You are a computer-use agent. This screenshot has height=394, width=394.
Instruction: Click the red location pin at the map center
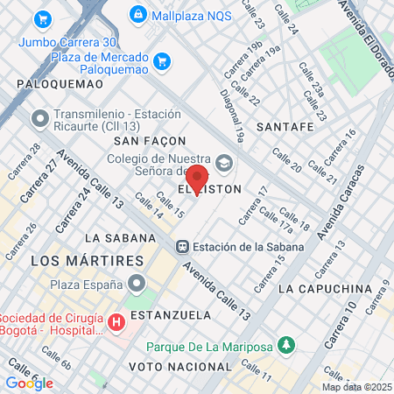[197, 179]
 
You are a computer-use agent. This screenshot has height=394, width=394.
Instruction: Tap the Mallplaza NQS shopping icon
[137, 14]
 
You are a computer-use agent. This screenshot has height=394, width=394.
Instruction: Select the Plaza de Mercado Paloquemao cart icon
[161, 60]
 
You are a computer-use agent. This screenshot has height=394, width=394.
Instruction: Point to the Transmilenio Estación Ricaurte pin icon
[39, 117]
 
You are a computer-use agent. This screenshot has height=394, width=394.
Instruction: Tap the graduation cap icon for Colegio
[224, 161]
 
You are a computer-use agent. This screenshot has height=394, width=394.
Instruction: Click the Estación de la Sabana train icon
[183, 246]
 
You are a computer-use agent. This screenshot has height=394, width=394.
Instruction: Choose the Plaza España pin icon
[137, 283]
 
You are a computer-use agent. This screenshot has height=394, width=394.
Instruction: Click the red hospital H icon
[116, 323]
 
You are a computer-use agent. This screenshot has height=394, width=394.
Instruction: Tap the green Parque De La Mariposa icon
[285, 346]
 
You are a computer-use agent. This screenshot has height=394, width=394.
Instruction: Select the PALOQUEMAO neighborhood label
[59, 84]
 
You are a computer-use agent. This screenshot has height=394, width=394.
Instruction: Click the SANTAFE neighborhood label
[285, 127]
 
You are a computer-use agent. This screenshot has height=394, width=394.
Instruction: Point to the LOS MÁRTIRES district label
[87, 261]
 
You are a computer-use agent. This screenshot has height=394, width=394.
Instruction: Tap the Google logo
[29, 383]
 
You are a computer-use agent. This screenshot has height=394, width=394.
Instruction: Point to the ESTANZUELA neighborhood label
[166, 313]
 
